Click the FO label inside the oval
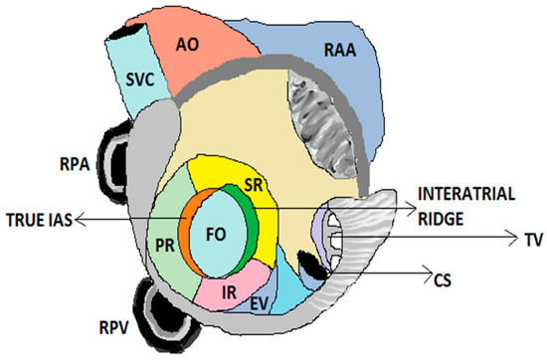click(x=214, y=238)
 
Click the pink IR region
click(x=229, y=291)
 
